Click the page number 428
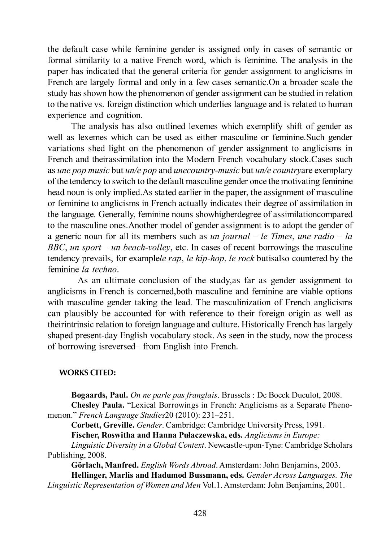(x=200, y=513)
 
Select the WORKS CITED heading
(x=87, y=373)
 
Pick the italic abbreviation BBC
(x=56, y=248)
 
